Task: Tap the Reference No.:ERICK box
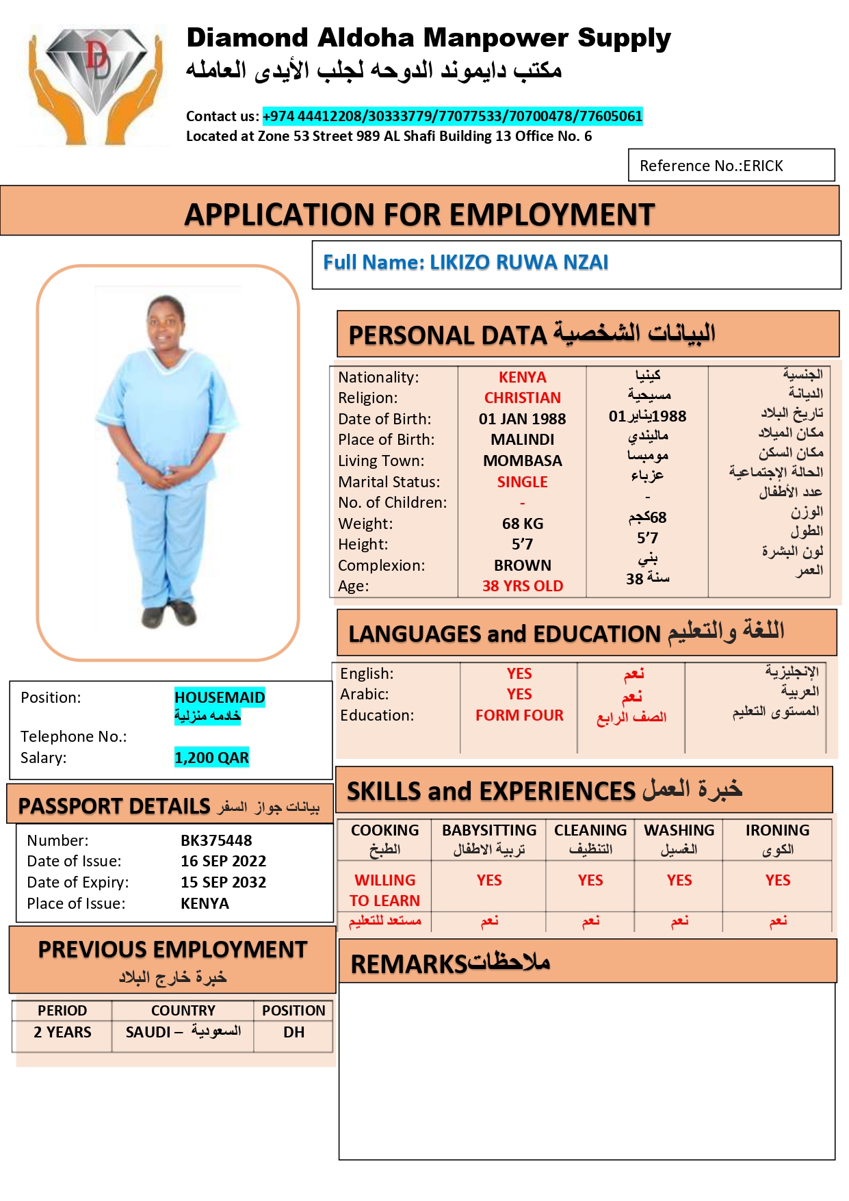[x=731, y=166]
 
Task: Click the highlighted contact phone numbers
[x=452, y=116]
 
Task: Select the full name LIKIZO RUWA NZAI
[x=465, y=263]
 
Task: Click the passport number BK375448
[x=216, y=840]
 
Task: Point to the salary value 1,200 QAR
[x=211, y=758]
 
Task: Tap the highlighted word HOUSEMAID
[x=220, y=697]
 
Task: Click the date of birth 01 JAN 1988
[x=522, y=419]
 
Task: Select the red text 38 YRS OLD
[x=523, y=586]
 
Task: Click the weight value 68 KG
[x=523, y=524]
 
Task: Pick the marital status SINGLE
[x=522, y=482]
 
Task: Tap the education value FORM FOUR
[x=519, y=716]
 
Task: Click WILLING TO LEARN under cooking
[x=384, y=890]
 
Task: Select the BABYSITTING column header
[x=489, y=831]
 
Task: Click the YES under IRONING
[x=778, y=881]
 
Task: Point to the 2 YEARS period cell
[x=62, y=1033]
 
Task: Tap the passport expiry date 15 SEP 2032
[x=223, y=883]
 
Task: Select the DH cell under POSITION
[x=293, y=1033]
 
